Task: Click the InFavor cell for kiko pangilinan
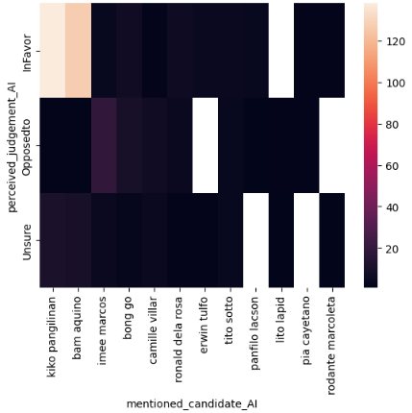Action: click(52, 50)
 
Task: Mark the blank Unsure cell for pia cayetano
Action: click(304, 240)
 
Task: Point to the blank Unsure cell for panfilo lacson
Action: click(254, 240)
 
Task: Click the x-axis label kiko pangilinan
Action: click(53, 337)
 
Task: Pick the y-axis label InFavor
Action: click(27, 50)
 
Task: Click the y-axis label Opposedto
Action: click(27, 145)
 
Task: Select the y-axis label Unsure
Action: click(27, 240)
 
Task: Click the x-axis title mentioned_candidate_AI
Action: click(191, 403)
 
